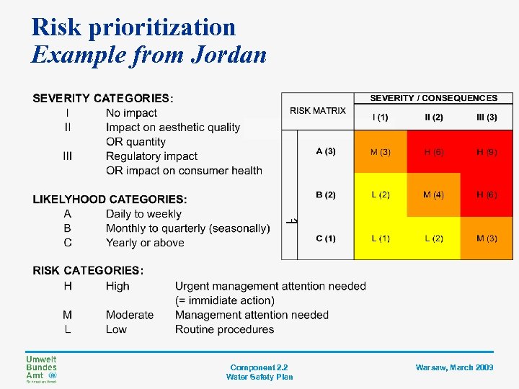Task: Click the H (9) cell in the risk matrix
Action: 487,151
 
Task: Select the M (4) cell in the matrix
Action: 433,195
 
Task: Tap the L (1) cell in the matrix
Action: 380,238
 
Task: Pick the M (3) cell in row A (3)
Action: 380,151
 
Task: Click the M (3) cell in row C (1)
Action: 487,238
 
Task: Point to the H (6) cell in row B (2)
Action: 487,195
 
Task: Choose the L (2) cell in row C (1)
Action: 433,238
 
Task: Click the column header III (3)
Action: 487,117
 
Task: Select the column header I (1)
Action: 380,117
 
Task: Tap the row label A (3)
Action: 326,151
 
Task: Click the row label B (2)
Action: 326,195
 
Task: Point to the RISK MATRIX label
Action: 318,110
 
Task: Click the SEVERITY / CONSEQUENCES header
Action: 433,98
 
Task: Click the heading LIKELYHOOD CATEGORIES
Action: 110,199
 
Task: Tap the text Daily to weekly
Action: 143,214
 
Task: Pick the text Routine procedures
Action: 224,329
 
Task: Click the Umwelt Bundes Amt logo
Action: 42,369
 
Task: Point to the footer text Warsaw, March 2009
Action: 454,367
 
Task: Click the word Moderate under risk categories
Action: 130,315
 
